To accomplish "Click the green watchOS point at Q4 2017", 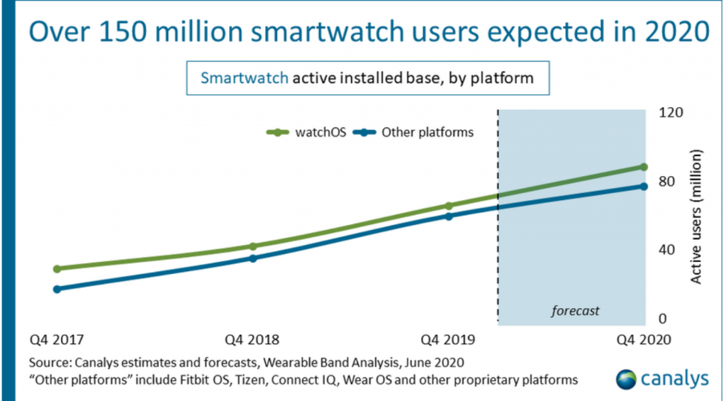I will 57,269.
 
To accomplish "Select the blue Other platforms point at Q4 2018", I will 253,258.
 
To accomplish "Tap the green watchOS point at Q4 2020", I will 644,167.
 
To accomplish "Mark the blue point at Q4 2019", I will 449,216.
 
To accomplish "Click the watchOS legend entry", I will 306,131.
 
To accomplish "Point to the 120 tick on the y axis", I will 670,112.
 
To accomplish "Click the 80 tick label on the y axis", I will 667,181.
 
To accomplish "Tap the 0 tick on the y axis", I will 664,319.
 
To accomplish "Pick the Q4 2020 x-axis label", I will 642,340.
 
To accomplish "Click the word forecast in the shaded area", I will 575,310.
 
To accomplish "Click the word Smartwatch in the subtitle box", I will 244,77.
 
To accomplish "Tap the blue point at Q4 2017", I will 57,289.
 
